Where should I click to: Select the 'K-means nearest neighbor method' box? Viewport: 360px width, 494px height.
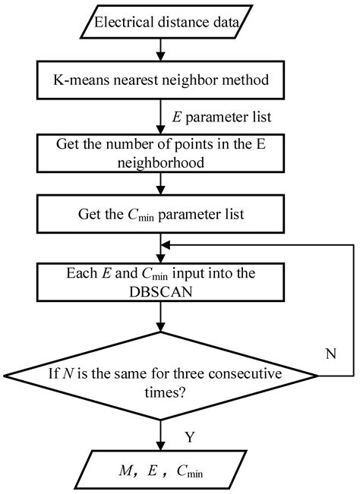tap(161, 79)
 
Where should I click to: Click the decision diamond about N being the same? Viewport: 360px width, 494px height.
tap(161, 379)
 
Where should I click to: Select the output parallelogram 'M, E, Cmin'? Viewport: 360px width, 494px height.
tap(161, 472)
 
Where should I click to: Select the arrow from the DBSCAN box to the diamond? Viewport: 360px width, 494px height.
tap(161, 323)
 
